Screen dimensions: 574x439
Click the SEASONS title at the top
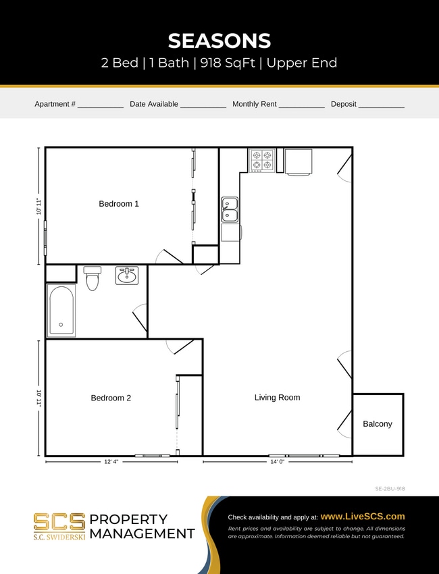point(219,41)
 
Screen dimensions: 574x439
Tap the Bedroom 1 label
point(119,203)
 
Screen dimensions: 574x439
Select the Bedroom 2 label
point(111,398)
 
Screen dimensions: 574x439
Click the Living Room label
point(277,397)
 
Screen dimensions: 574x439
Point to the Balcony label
point(378,423)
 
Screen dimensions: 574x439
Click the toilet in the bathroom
point(93,278)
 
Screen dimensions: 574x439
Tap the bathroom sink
point(126,276)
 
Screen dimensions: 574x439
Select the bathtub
point(61,311)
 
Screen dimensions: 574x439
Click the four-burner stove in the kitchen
point(262,160)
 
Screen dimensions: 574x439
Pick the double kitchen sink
point(230,209)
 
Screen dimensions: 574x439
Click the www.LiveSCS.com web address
point(363,516)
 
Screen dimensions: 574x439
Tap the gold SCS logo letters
point(59,521)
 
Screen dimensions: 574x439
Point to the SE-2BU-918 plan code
point(390,488)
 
